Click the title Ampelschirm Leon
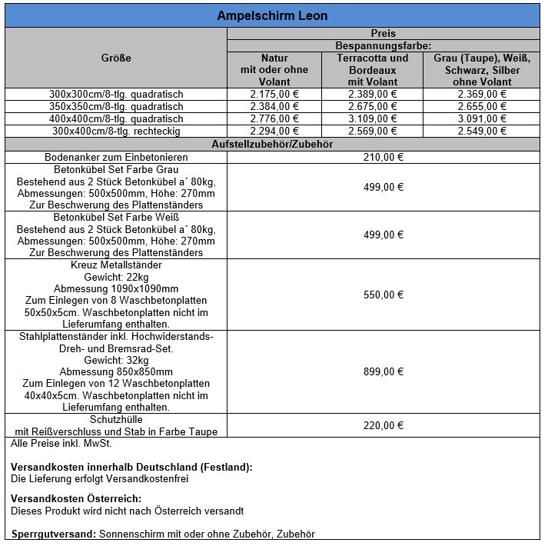click(x=272, y=15)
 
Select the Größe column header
click(x=116, y=58)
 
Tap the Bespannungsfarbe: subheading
click(x=383, y=46)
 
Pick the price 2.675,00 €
click(x=373, y=107)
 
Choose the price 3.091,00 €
click(x=482, y=119)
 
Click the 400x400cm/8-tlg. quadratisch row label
click(x=116, y=119)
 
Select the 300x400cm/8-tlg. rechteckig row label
click(x=116, y=132)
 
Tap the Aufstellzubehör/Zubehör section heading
click(x=272, y=144)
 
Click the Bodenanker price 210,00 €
click(x=384, y=157)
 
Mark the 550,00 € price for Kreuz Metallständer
click(x=384, y=295)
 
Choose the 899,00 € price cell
click(x=384, y=371)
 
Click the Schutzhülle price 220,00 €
click(x=384, y=425)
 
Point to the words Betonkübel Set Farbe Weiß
click(x=116, y=218)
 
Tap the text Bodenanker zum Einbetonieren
click(x=116, y=157)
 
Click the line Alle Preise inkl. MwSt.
click(x=61, y=444)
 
